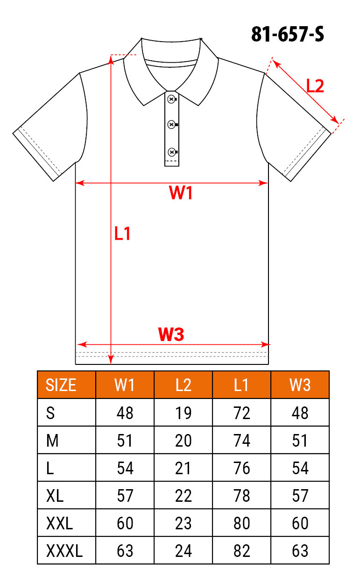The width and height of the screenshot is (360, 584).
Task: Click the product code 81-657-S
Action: pos(288,34)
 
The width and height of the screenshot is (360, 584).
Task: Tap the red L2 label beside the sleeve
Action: pos(315,86)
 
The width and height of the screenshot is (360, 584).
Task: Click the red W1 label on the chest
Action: pos(181,192)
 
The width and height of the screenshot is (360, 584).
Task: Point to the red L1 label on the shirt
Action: pos(122,233)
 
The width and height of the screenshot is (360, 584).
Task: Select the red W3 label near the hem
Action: pos(171,334)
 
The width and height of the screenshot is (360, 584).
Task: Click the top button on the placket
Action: pos(171,99)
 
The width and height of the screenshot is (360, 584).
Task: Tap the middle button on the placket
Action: pos(171,125)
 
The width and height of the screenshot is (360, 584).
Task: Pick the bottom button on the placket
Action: pos(172,152)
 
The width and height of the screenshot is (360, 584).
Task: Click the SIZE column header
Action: pos(61,385)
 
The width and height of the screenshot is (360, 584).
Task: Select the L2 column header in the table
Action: pos(184,385)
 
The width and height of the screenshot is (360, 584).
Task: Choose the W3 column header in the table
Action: pos(300,385)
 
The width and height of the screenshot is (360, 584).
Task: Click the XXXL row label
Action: pos(64,551)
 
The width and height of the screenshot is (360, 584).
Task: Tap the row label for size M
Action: pos(52,441)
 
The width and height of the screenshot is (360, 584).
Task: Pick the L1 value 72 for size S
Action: pos(242,413)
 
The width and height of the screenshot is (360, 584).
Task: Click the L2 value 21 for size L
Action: pos(183,468)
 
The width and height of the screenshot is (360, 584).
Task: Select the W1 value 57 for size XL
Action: pos(125,496)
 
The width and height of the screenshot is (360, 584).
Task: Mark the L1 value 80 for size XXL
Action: pos(242,523)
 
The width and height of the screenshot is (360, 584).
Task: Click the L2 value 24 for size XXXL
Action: pos(184,551)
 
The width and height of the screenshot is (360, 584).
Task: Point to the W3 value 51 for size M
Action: pos(300,441)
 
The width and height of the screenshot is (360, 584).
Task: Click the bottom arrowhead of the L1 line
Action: pos(111,360)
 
